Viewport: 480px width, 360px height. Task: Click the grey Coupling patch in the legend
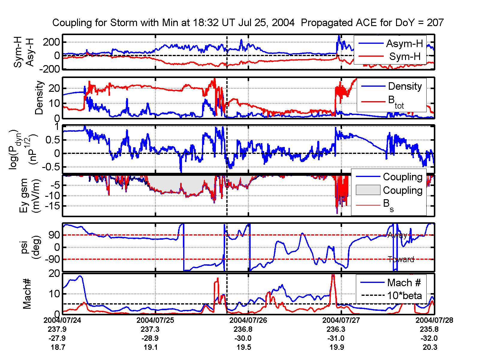pyautogui.click(x=368, y=190)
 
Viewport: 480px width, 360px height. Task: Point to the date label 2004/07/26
pyautogui.click(x=248, y=320)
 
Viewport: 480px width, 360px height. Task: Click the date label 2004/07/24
pyautogui.click(x=62, y=320)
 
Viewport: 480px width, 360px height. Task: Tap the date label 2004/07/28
pyautogui.click(x=434, y=320)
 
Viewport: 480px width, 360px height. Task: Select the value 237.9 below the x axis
pyautogui.click(x=57, y=329)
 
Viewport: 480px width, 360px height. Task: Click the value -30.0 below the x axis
pyautogui.click(x=243, y=338)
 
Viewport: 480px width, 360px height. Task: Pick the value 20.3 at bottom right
pyautogui.click(x=430, y=347)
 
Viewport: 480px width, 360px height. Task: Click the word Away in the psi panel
pyautogui.click(x=397, y=235)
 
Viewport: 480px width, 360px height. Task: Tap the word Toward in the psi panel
pyautogui.click(x=401, y=259)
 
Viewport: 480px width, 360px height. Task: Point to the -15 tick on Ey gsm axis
pyautogui.click(x=54, y=206)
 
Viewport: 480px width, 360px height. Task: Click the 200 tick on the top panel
pyautogui.click(x=51, y=42)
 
